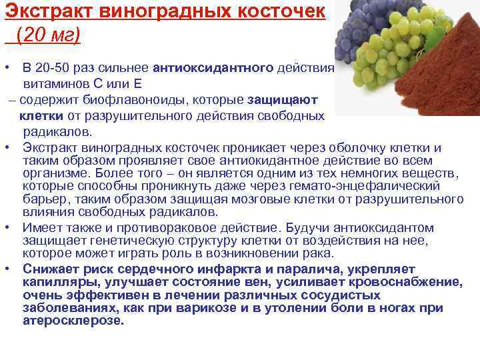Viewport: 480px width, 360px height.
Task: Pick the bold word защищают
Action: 282,100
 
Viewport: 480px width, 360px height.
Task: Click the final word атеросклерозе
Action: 73,320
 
